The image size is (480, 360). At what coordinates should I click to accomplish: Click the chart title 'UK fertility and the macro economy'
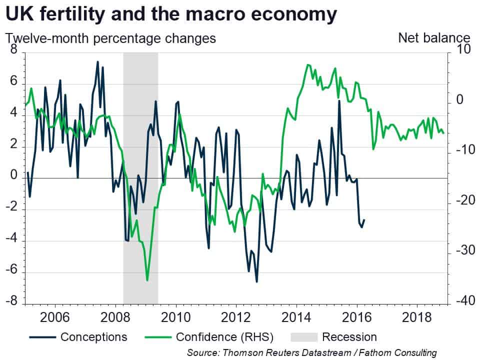pyautogui.click(x=171, y=14)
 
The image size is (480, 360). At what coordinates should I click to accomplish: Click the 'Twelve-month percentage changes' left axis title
pyautogui.click(x=110, y=39)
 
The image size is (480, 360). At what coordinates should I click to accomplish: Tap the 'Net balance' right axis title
pyautogui.click(x=434, y=38)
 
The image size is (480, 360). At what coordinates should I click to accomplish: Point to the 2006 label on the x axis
pyautogui.click(x=55, y=317)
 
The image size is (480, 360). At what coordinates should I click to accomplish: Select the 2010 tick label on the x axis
pyautogui.click(x=175, y=317)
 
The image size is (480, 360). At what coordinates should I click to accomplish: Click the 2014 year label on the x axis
pyautogui.click(x=296, y=317)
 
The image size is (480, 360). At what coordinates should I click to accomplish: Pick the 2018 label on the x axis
pyautogui.click(x=416, y=317)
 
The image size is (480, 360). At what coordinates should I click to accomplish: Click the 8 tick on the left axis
pyautogui.click(x=14, y=49)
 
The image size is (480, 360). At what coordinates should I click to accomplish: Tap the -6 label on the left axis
pyautogui.click(x=11, y=269)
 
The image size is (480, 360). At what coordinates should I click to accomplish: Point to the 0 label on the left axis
pyautogui.click(x=14, y=175)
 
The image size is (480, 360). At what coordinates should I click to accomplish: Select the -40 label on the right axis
pyautogui.click(x=465, y=300)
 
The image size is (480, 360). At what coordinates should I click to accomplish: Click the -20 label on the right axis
pyautogui.click(x=465, y=200)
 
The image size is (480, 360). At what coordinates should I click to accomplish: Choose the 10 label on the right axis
pyautogui.click(x=463, y=49)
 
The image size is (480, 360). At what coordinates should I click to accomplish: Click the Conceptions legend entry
pyautogui.click(x=78, y=337)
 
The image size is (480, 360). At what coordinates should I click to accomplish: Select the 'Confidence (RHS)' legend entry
pyautogui.click(x=209, y=337)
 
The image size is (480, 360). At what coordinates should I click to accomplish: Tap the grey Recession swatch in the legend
pyautogui.click(x=304, y=337)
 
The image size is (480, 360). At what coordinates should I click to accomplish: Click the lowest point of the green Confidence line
pyautogui.click(x=147, y=280)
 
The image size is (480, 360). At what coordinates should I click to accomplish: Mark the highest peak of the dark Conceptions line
pyautogui.click(x=97, y=61)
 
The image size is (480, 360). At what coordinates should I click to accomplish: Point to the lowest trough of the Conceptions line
pyautogui.click(x=256, y=281)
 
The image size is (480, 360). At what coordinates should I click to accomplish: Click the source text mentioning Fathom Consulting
pyautogui.click(x=312, y=352)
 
